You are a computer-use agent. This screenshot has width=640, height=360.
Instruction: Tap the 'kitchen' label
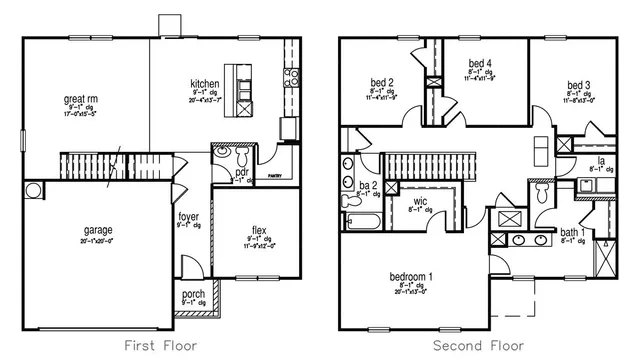[x=204, y=83]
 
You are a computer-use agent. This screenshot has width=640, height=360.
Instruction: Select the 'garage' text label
[x=98, y=230]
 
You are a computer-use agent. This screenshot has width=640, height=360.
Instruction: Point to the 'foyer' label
[x=188, y=216]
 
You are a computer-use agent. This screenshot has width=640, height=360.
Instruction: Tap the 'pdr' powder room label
[x=241, y=171]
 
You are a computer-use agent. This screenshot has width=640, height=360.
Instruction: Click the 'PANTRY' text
[x=273, y=175]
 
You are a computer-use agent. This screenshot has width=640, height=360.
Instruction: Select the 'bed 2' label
[x=381, y=83]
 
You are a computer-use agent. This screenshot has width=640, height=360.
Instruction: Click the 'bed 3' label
[x=579, y=85]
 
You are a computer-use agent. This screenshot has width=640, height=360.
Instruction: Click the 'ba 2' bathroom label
[x=367, y=185]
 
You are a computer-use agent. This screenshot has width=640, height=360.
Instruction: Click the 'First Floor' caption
[x=160, y=345]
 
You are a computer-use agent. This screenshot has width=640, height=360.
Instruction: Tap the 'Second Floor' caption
[x=479, y=345]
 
